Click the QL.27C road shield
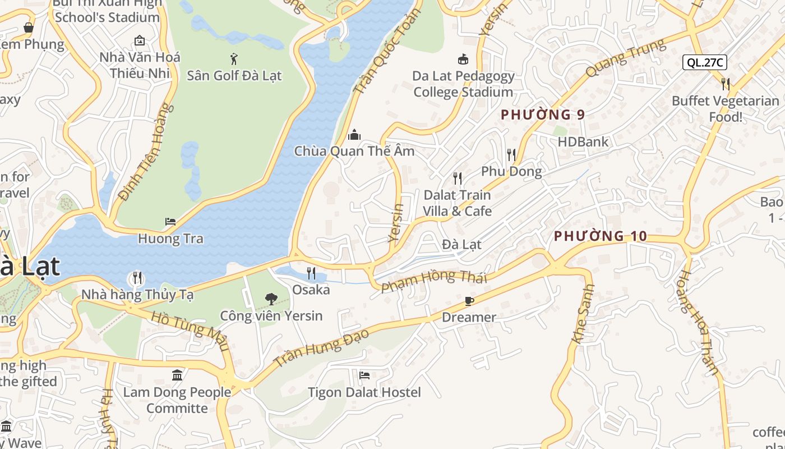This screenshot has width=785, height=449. pyautogui.click(x=704, y=62)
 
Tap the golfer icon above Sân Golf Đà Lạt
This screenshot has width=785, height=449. pyautogui.click(x=234, y=58)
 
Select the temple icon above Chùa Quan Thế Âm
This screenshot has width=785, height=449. pyautogui.click(x=354, y=135)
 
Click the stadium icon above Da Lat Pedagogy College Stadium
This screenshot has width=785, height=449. pyautogui.click(x=463, y=59)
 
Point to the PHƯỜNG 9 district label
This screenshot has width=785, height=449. pyautogui.click(x=542, y=114)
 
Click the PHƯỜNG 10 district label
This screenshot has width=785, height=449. pyautogui.click(x=600, y=236)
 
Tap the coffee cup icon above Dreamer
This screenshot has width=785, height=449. pyautogui.click(x=469, y=301)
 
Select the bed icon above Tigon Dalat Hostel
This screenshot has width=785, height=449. pyautogui.click(x=364, y=375)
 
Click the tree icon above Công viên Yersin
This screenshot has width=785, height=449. pyautogui.click(x=271, y=299)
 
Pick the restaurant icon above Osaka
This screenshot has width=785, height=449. pyautogui.click(x=311, y=273)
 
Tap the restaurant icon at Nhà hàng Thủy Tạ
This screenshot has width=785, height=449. pyautogui.click(x=136, y=278)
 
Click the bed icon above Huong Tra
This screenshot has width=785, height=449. pyautogui.click(x=170, y=222)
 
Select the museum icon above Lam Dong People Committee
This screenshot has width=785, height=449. pyautogui.click(x=177, y=375)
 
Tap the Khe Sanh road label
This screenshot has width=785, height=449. pyautogui.click(x=583, y=321)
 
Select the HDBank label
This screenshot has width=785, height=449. pyautogui.click(x=583, y=142)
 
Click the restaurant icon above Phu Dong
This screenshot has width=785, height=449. pyautogui.click(x=511, y=154)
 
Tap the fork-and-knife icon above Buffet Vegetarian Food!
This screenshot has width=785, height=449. pyautogui.click(x=726, y=84)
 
